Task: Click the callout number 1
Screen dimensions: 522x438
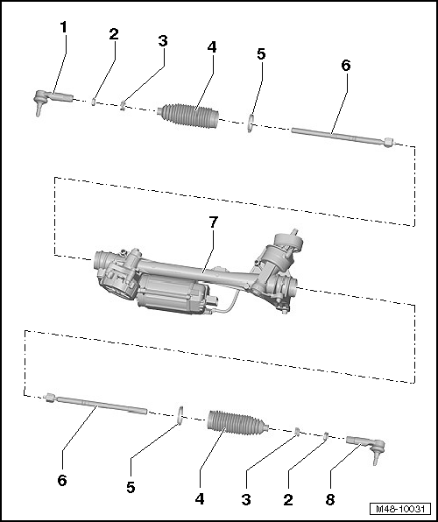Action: (62, 27)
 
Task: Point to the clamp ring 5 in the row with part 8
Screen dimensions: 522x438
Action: (180, 413)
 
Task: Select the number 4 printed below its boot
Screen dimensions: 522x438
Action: (200, 499)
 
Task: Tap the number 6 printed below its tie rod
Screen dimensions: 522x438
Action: (62, 481)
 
